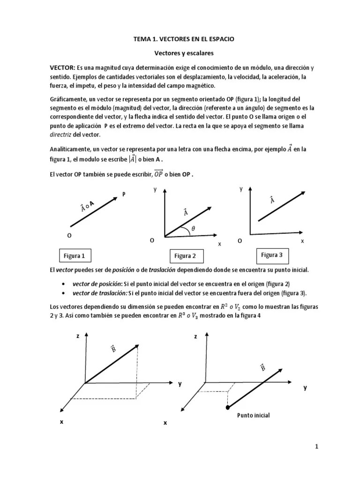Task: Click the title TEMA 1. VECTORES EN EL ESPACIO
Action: pyautogui.click(x=185, y=41)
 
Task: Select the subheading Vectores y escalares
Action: pyautogui.click(x=185, y=54)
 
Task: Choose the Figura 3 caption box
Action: pyautogui.click(x=272, y=255)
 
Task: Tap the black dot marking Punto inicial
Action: pyautogui.click(x=228, y=407)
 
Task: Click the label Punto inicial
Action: pyautogui.click(x=254, y=415)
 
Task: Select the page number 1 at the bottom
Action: pyautogui.click(x=316, y=447)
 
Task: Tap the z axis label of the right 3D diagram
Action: pyautogui.click(x=195, y=337)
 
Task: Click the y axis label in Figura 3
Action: pyautogui.click(x=241, y=189)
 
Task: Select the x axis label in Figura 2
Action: pyautogui.click(x=219, y=244)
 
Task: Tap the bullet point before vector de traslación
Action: pyautogui.click(x=63, y=293)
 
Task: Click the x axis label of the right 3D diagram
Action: pyautogui.click(x=165, y=423)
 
